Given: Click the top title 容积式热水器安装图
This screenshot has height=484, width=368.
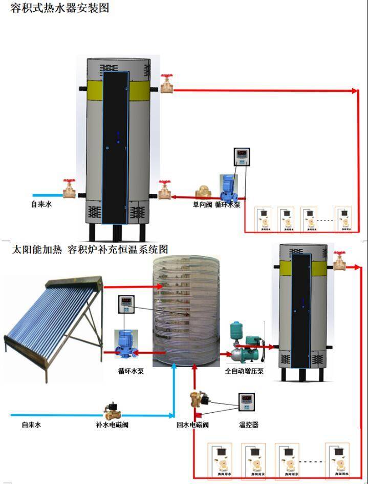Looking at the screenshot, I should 60,8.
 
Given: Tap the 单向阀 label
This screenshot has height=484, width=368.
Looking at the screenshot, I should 202,205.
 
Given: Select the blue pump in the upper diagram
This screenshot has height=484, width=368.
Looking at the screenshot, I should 227,188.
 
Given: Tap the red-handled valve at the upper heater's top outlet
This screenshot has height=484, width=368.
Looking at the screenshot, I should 167,84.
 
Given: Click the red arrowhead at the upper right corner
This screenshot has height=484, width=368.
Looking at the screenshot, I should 355,91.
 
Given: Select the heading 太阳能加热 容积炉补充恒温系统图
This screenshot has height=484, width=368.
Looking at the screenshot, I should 90,250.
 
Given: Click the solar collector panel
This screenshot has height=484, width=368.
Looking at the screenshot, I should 54,318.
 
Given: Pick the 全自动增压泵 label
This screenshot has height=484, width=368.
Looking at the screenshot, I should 244,371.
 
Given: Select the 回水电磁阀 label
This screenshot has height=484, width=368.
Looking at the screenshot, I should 192,425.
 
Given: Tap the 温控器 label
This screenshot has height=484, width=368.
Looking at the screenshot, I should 249,425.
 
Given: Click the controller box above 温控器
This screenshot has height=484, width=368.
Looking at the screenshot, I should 246,403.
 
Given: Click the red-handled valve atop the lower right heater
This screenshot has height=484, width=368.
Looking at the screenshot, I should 339,261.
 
